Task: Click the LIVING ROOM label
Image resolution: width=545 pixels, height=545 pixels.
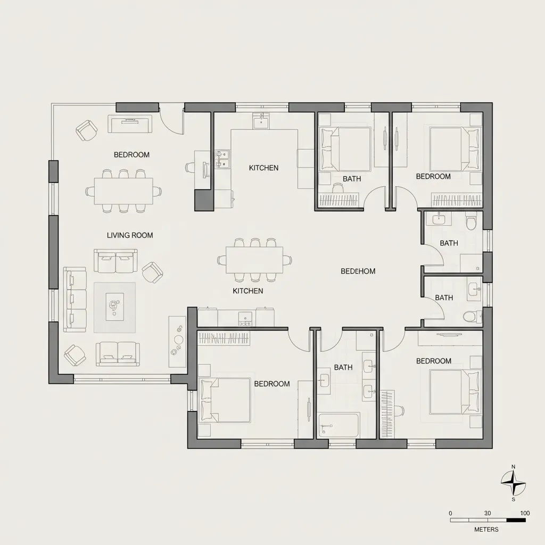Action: click(130, 235)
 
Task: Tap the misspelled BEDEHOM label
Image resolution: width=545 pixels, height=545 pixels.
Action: click(358, 271)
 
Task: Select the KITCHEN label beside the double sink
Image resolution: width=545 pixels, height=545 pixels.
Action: click(263, 168)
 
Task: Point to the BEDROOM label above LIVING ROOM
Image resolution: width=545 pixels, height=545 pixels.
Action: click(131, 155)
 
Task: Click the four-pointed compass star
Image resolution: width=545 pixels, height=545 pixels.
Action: click(513, 483)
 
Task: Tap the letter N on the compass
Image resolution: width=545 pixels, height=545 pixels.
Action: click(513, 467)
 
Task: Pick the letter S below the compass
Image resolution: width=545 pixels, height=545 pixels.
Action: click(513, 499)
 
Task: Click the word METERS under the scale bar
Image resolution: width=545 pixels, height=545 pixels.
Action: click(486, 530)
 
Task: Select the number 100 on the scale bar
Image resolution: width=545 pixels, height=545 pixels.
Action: click(525, 513)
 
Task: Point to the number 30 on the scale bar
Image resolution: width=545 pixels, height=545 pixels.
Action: click(488, 513)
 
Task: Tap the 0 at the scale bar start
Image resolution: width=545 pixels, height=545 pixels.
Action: click(451, 513)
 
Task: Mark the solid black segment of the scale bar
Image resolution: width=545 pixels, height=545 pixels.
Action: click(516, 520)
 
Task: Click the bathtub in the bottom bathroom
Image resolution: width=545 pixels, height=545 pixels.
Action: click(338, 425)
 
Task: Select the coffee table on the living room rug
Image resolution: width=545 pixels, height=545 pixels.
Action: click(114, 307)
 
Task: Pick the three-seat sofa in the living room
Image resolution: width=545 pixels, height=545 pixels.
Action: click(75, 300)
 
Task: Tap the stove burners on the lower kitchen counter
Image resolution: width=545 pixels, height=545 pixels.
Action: click(245, 318)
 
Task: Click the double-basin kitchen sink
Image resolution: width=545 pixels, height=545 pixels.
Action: click(222, 159)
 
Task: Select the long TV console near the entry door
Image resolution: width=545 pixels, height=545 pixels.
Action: click(130, 125)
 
